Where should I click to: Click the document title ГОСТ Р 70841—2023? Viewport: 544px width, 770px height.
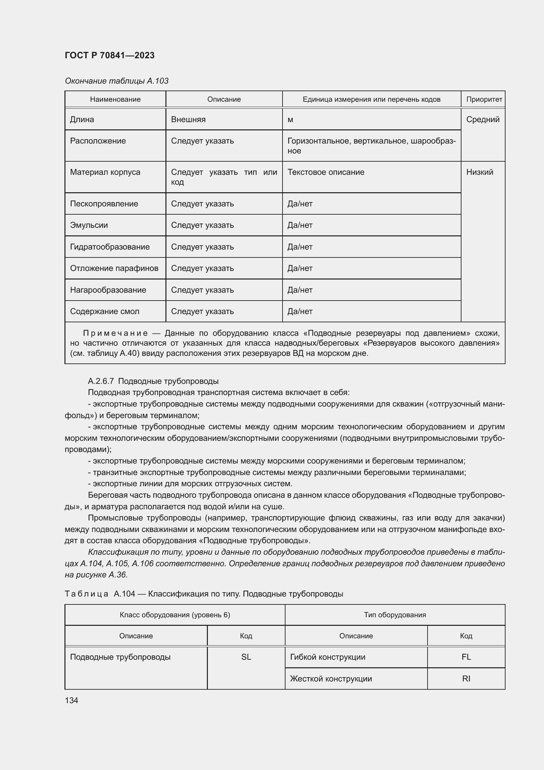pyautogui.click(x=110, y=55)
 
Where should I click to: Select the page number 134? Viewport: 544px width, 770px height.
pyautogui.click(x=71, y=700)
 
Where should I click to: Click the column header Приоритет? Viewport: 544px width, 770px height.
pyautogui.click(x=484, y=99)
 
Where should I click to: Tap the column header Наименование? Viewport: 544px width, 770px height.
pyautogui.click(x=115, y=99)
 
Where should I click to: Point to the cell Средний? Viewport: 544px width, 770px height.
pyautogui.click(x=483, y=119)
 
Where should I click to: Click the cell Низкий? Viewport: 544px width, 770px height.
pyautogui.click(x=480, y=172)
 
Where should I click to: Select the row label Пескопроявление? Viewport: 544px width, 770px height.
pyautogui.click(x=104, y=203)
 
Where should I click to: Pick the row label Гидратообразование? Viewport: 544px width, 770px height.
pyautogui.click(x=110, y=247)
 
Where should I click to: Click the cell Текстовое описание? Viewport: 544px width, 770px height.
pyautogui.click(x=326, y=172)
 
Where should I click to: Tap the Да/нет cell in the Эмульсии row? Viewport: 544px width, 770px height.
pyautogui.click(x=300, y=225)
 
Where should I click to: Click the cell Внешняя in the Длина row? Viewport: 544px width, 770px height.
pyautogui.click(x=188, y=119)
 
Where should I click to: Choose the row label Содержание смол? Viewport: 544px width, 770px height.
pyautogui.click(x=105, y=311)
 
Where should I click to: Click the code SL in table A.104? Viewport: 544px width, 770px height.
pyautogui.click(x=246, y=657)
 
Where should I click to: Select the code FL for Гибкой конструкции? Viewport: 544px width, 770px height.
pyautogui.click(x=466, y=657)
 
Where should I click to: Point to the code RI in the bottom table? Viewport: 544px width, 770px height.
pyautogui.click(x=466, y=679)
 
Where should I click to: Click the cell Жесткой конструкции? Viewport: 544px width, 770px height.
pyautogui.click(x=331, y=679)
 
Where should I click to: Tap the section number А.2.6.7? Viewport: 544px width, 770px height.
pyautogui.click(x=101, y=381)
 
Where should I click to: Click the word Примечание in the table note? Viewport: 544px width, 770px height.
pyautogui.click(x=115, y=333)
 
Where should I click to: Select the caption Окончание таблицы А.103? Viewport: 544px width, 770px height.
pyautogui.click(x=116, y=81)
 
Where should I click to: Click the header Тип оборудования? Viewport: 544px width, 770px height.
pyautogui.click(x=395, y=615)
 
